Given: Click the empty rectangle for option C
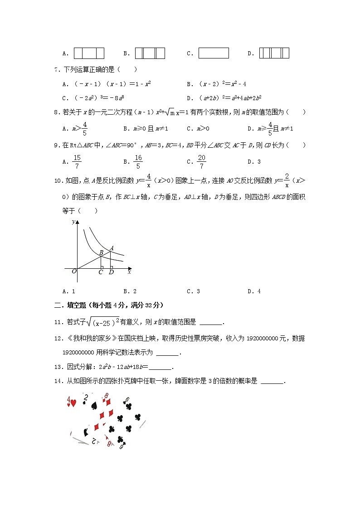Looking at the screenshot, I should pyautogui.click(x=214, y=53).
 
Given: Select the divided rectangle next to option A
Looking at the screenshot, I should pyautogui.click(x=89, y=53).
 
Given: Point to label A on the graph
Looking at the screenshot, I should pyautogui.click(x=112, y=247).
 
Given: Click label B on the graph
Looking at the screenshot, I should pyautogui.click(x=101, y=252).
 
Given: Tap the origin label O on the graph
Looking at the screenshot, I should pyautogui.click(x=74, y=271).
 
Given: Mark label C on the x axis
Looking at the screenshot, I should pyautogui.click(x=101, y=272).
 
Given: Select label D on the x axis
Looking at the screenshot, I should pyautogui.click(x=111, y=272).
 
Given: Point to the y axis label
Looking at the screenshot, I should pyautogui.click(x=73, y=222).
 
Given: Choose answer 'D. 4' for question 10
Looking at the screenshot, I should pyautogui.click(x=254, y=291).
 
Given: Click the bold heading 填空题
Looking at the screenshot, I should pyautogui.click(x=73, y=305).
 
